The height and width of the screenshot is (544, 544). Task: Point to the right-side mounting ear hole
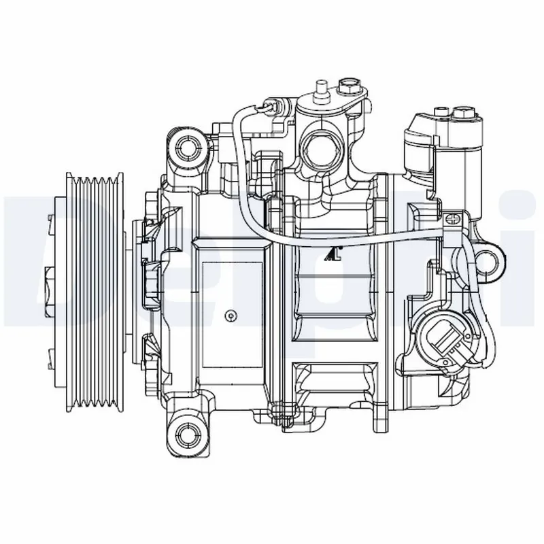pos(488,260)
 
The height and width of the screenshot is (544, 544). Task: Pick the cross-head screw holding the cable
pos(452,220)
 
